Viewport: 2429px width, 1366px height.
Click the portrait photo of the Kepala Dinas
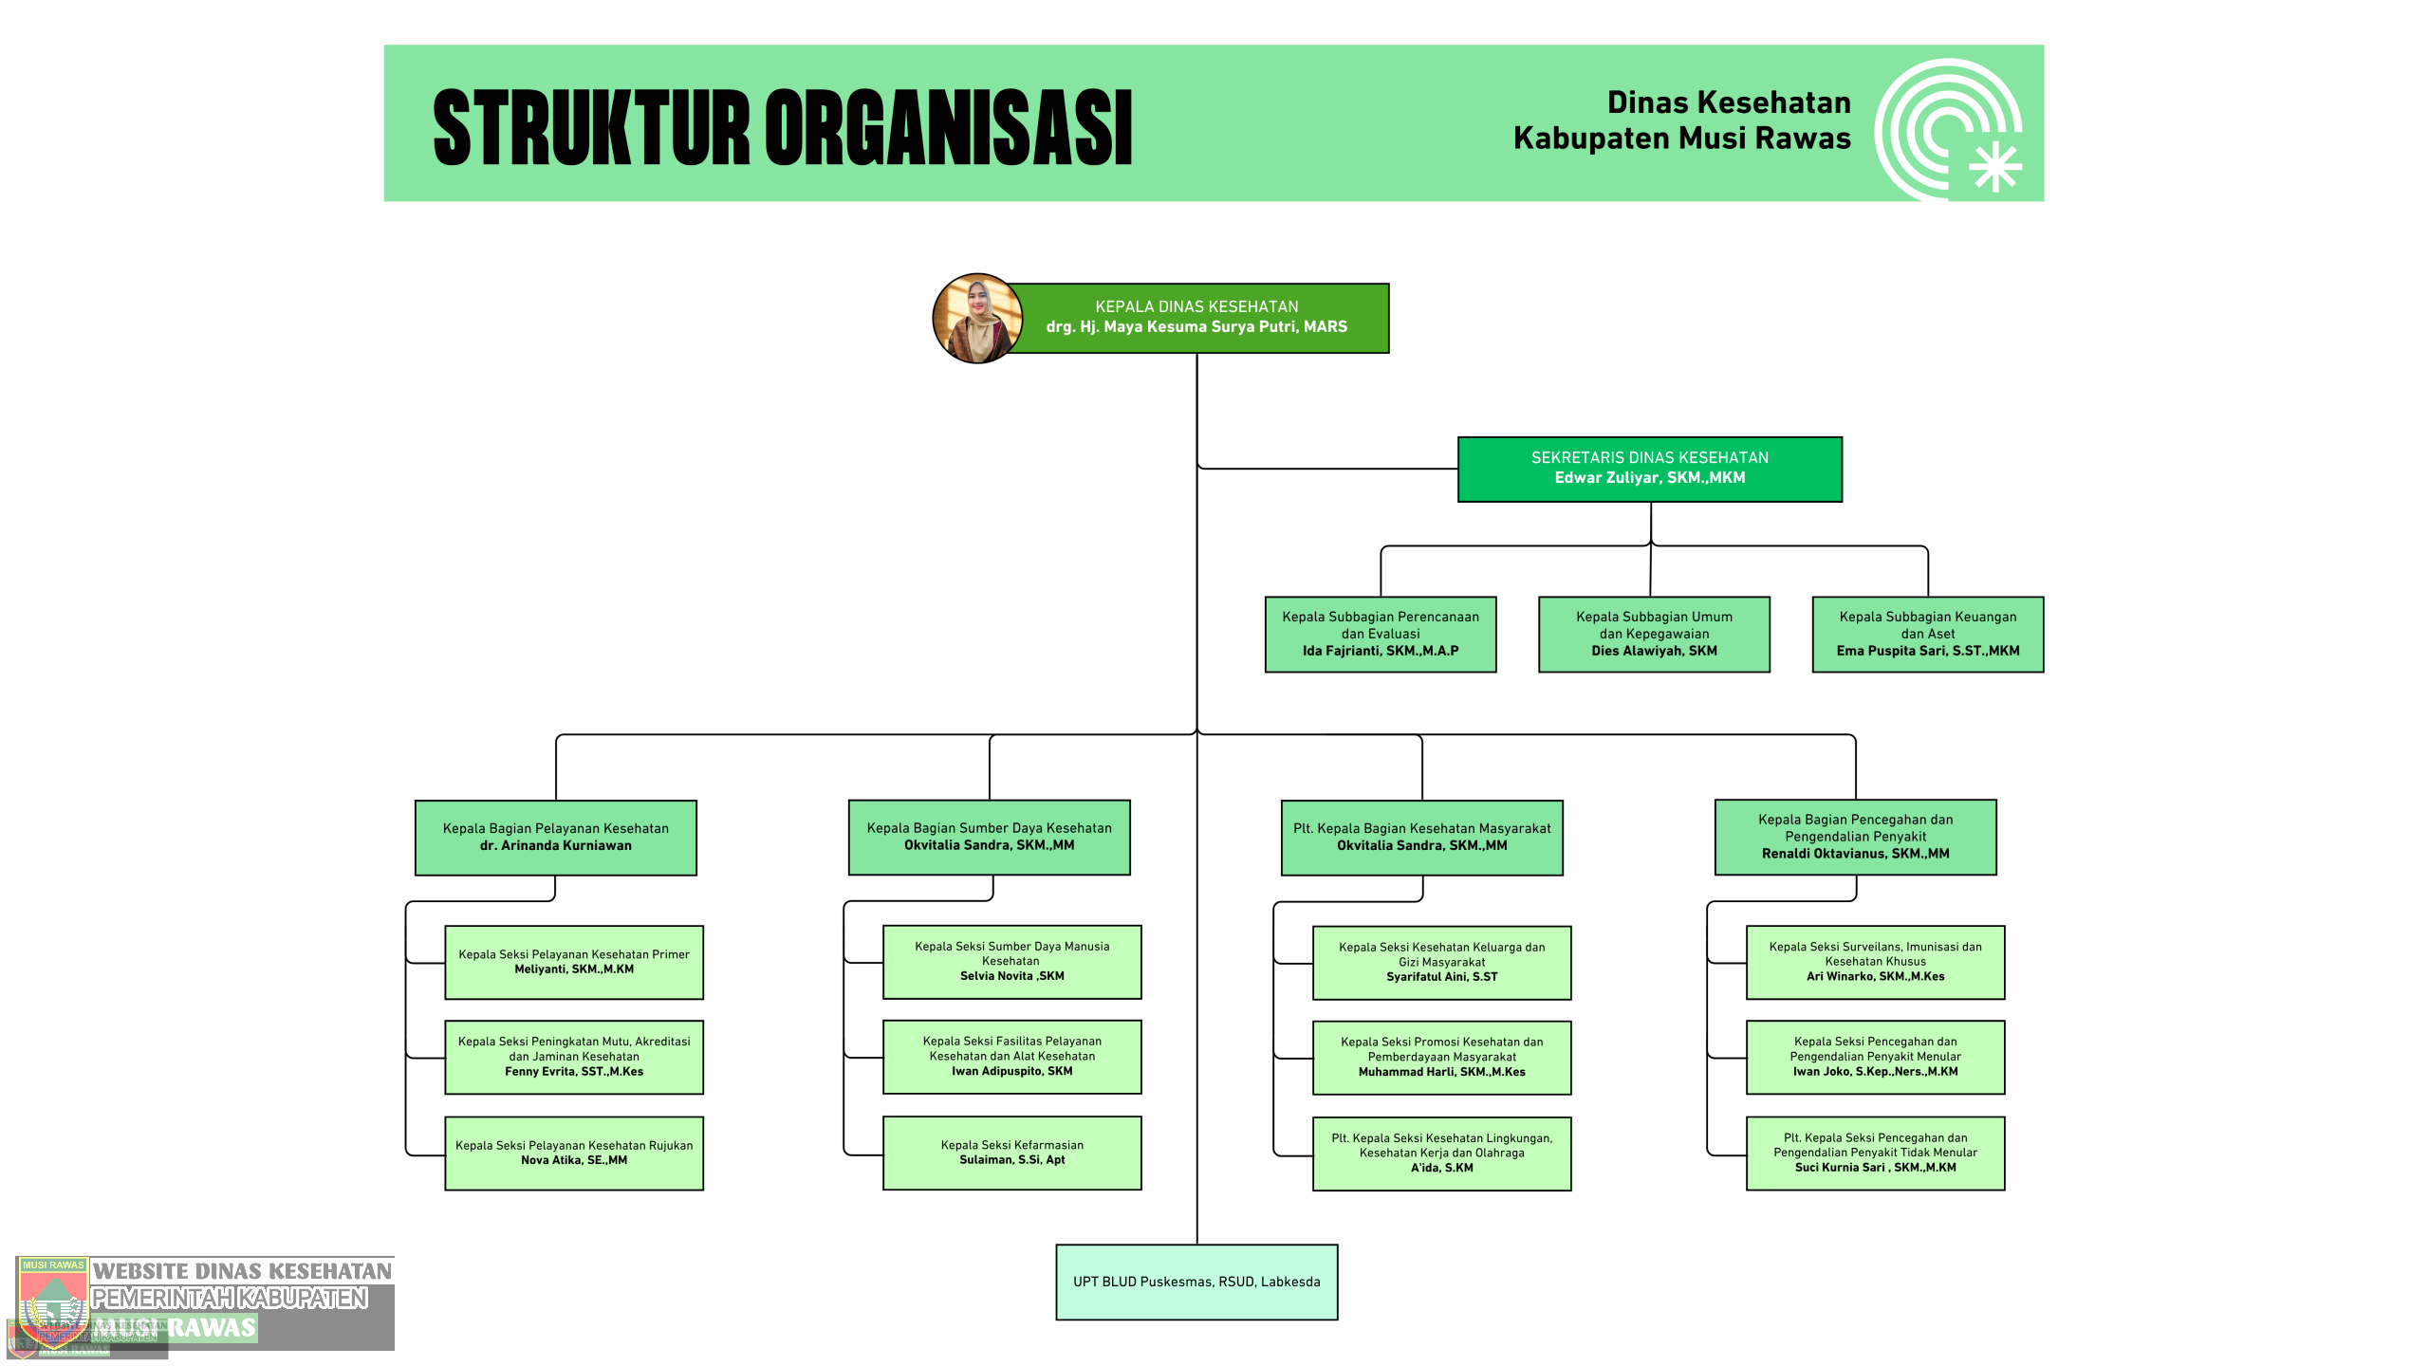coord(977,319)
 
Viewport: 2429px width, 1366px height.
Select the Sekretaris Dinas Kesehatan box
coord(1649,469)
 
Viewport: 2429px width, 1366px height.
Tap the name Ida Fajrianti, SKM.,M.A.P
coord(1381,651)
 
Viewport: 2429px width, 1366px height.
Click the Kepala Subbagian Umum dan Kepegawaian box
coord(1654,634)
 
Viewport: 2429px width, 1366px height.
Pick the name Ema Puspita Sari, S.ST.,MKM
coord(1927,651)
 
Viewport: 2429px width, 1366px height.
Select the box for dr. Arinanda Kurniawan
coord(556,837)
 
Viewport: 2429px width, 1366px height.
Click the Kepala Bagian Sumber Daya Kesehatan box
coord(989,837)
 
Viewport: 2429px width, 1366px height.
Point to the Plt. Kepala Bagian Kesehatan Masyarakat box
coord(1421,837)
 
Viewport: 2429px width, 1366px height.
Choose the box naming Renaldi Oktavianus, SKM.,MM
coord(1855,837)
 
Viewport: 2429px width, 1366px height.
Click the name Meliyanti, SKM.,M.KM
coord(574,969)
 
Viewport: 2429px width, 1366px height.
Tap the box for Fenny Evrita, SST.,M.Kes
coord(574,1057)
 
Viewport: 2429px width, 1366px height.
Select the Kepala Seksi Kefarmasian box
coord(1011,1153)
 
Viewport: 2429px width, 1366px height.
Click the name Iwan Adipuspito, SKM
coord(1011,1071)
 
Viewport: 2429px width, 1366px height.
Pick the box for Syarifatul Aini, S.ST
coord(1441,962)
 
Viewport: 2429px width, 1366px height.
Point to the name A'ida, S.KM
coord(1441,1168)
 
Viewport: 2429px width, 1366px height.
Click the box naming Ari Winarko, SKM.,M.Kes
coord(1875,962)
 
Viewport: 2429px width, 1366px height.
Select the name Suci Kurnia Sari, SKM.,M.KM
coord(1875,1168)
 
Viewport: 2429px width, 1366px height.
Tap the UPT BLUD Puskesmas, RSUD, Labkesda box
coord(1196,1282)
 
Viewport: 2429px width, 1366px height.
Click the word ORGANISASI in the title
coord(949,128)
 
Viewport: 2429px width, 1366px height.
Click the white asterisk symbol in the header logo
coord(1995,168)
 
